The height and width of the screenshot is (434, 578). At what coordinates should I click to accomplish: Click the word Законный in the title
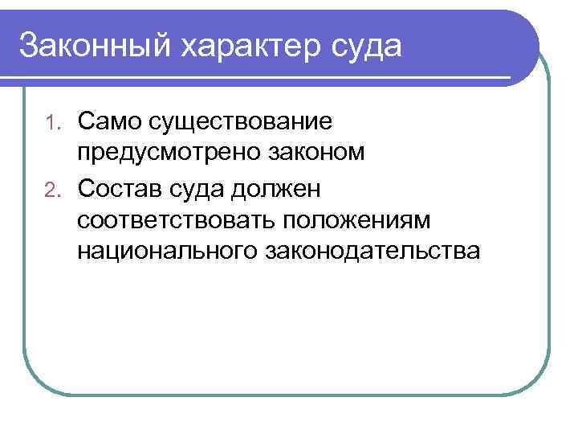click(95, 45)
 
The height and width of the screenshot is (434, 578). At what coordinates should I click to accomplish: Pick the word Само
click(110, 121)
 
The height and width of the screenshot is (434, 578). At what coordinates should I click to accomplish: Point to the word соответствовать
click(169, 219)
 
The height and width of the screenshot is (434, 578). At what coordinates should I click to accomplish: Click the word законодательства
click(372, 252)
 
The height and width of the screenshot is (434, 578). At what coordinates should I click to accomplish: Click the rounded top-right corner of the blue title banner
click(527, 24)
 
